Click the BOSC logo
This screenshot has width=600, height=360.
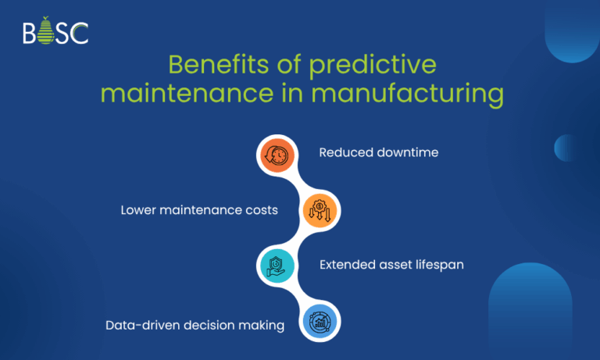coord(55,33)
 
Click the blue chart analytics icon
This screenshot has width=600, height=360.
coord(321,323)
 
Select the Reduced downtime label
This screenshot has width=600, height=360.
coord(378,152)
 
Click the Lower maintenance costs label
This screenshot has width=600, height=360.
coord(198,210)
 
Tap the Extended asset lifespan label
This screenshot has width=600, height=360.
coord(391,265)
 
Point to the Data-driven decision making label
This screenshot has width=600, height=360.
coord(195,325)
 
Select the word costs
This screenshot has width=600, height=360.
coord(262,210)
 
